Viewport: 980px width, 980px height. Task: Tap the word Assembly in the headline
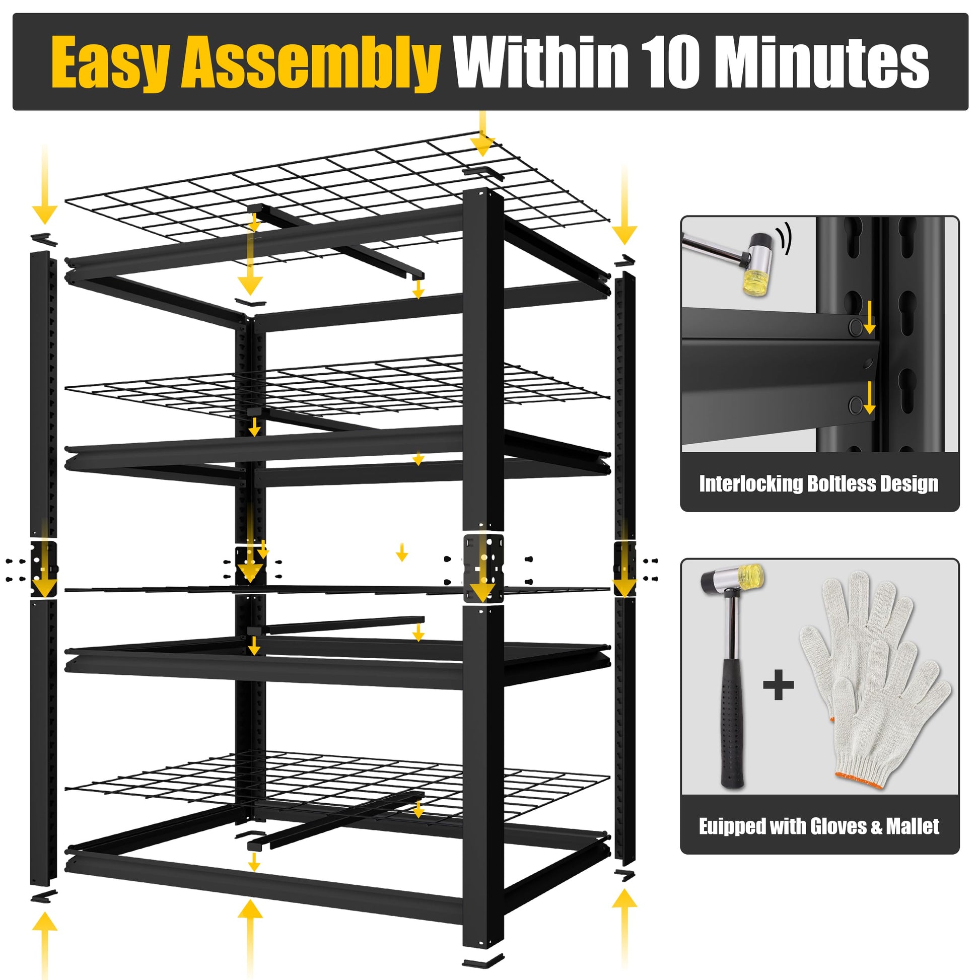(x=310, y=63)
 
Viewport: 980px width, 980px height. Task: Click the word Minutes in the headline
(x=825, y=62)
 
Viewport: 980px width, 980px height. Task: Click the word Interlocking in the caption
(x=750, y=484)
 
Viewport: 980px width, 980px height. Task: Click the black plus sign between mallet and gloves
(x=778, y=685)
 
